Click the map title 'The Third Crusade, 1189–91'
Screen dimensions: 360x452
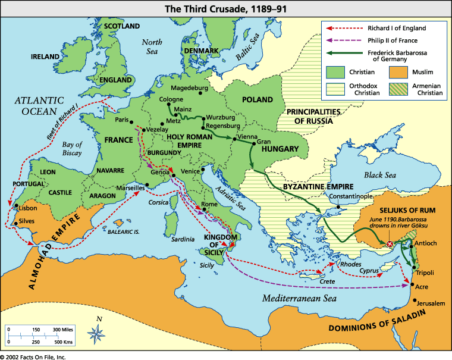tap(226, 8)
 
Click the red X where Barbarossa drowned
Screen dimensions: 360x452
tap(390, 244)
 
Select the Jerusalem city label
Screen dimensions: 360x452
tap(430, 303)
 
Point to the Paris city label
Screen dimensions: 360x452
tap(123, 120)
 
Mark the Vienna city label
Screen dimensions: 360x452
tap(246, 137)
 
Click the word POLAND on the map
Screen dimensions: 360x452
tap(258, 99)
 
